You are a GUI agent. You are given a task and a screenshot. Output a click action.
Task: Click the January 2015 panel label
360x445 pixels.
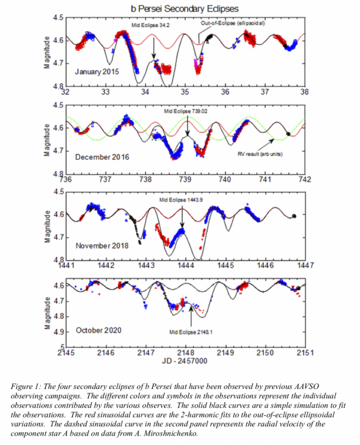point(97,72)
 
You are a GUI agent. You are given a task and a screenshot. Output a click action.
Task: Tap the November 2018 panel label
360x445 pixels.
point(102,245)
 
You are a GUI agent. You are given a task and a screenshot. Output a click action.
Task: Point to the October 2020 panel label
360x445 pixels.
point(99,330)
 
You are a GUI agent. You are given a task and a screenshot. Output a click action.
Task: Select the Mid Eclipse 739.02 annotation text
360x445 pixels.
point(187,110)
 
